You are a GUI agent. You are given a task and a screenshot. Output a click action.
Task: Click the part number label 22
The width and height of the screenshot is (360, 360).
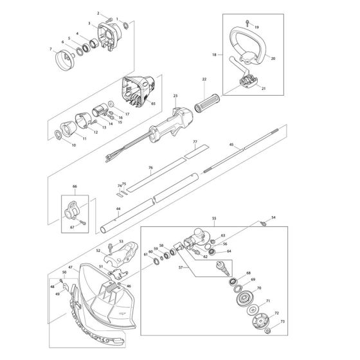click(x=203, y=79)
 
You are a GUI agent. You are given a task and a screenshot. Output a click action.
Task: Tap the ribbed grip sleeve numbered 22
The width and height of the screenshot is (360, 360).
click(x=205, y=105)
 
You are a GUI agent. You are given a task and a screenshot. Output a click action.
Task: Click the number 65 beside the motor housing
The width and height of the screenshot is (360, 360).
click(x=153, y=104)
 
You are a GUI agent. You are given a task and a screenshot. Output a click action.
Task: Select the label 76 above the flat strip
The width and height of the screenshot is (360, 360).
click(x=150, y=168)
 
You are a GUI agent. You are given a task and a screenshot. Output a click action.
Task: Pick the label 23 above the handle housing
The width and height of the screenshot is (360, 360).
click(x=175, y=95)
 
